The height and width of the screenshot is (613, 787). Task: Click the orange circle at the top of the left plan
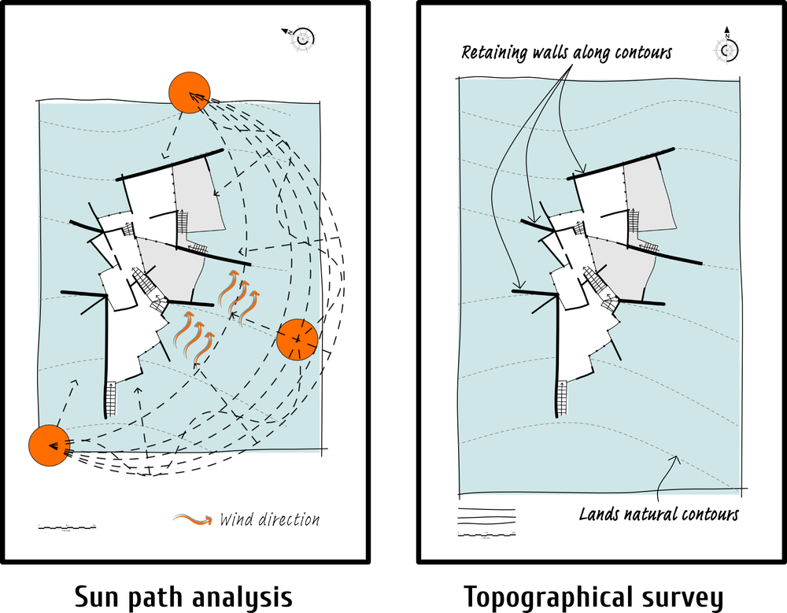pos(189,91)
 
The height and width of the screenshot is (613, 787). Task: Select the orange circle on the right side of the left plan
pos(297,339)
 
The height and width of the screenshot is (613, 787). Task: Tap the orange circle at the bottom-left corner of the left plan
pos(48,445)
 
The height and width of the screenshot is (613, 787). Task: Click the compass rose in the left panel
pos(301,37)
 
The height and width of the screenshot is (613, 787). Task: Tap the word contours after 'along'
pos(644,54)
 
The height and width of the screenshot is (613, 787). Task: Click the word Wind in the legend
pos(236,519)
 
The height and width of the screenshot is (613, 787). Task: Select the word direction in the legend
pos(288,519)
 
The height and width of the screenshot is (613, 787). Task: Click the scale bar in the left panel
pos(67,526)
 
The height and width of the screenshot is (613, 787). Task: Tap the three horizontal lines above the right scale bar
pos(486,516)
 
